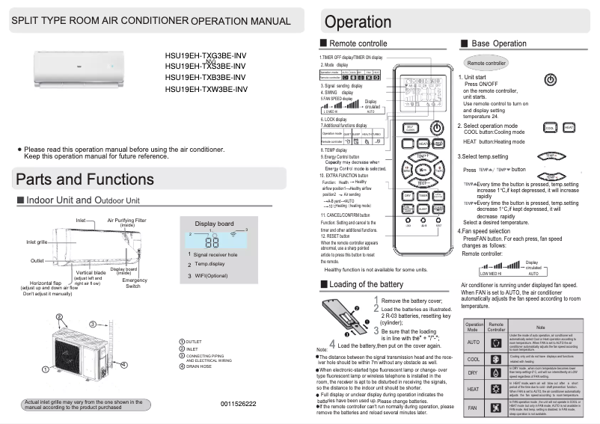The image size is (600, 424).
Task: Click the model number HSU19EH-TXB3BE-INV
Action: click(x=206, y=78)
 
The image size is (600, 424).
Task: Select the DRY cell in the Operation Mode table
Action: click(x=473, y=372)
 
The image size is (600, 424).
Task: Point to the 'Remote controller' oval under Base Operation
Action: click(x=486, y=64)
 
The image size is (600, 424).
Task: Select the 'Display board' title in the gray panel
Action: click(x=214, y=224)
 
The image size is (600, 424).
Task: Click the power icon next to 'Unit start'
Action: click(x=550, y=79)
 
